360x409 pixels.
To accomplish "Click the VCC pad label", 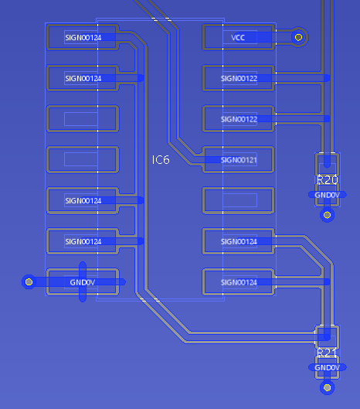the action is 238,38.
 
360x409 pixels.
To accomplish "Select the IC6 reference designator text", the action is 161,160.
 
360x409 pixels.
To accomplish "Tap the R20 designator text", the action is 328,180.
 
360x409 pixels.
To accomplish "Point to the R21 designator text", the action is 328,353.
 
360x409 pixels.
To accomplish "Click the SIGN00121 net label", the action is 239,160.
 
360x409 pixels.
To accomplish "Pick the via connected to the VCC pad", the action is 298,37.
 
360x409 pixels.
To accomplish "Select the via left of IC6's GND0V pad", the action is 29,281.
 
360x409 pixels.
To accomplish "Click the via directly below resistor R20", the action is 327,215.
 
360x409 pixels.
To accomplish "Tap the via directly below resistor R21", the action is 327,387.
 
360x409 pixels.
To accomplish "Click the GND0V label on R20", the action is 327,195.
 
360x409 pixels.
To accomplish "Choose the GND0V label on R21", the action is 327,368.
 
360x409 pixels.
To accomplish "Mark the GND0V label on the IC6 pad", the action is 83,282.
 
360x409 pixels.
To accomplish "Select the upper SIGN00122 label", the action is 239,79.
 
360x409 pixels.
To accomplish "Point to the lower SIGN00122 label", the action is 239,119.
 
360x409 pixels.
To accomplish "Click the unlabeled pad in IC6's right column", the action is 238,200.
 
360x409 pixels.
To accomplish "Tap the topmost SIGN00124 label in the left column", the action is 83,38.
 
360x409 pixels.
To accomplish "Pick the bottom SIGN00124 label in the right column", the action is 239,282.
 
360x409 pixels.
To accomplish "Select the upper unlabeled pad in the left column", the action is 83,119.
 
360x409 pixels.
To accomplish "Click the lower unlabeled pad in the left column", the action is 83,159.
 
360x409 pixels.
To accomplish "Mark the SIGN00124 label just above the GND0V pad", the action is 83,241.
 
